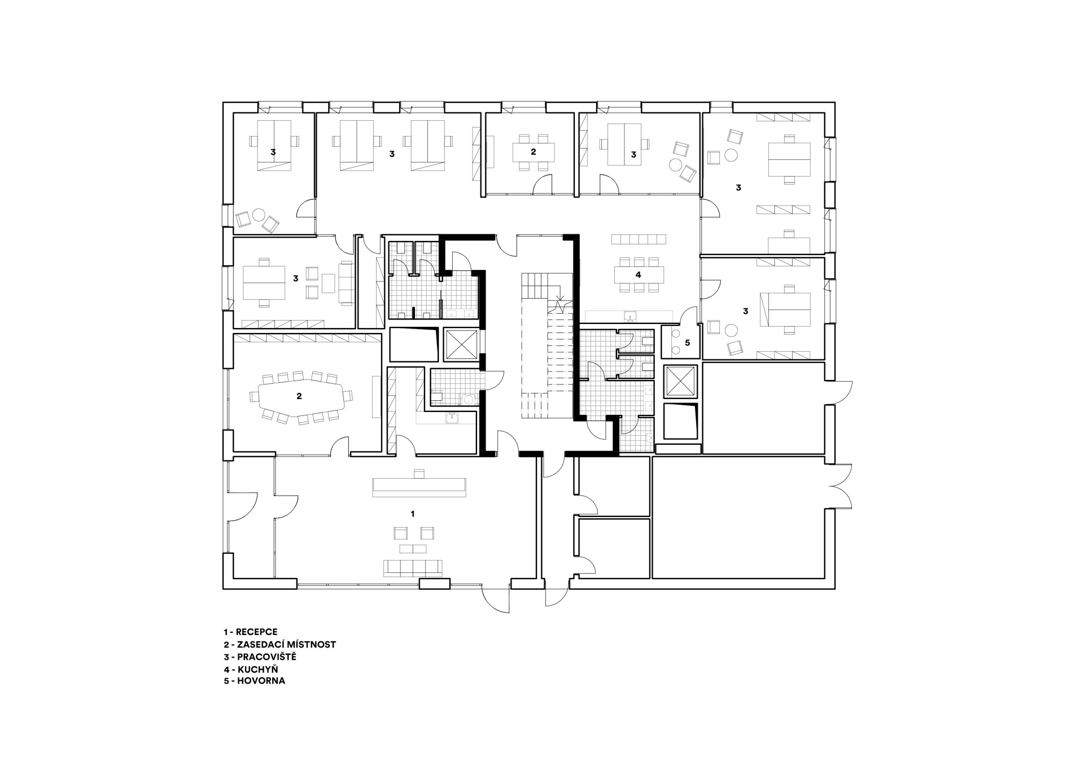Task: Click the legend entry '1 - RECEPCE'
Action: point(250,632)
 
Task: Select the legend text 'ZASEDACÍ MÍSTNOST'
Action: point(286,645)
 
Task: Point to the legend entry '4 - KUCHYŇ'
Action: point(251,669)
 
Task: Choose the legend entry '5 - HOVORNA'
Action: point(254,681)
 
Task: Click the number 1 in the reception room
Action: point(413,514)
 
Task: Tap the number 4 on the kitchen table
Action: point(639,275)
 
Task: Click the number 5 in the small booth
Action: point(687,343)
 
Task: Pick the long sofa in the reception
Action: point(412,567)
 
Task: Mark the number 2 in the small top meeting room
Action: point(533,152)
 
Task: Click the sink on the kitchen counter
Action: point(631,316)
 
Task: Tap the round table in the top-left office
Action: point(259,215)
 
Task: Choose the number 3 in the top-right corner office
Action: point(738,188)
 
